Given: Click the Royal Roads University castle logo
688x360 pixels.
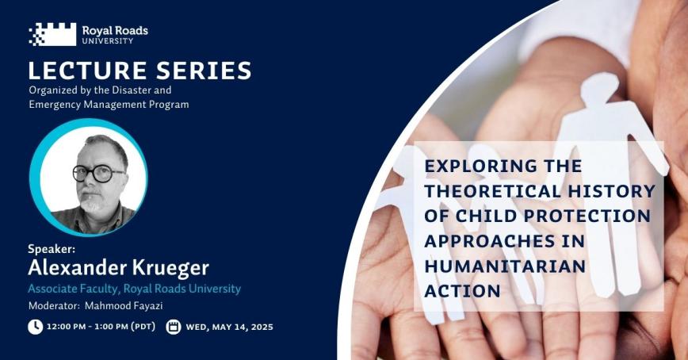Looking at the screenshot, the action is (52, 34).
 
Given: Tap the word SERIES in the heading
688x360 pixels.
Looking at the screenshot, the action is (204, 71).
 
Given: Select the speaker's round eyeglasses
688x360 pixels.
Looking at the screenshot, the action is (97, 174).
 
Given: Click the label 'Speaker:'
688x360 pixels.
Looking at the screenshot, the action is (52, 249).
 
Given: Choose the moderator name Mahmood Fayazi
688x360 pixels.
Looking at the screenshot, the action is (124, 305).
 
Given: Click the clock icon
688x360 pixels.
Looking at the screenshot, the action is (36, 327).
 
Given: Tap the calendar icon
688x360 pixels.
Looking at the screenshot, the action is (174, 327).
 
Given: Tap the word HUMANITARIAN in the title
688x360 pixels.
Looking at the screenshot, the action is (505, 266).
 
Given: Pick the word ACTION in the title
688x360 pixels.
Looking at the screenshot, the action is (462, 291).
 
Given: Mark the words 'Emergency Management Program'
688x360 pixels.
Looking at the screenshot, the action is (109, 105).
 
